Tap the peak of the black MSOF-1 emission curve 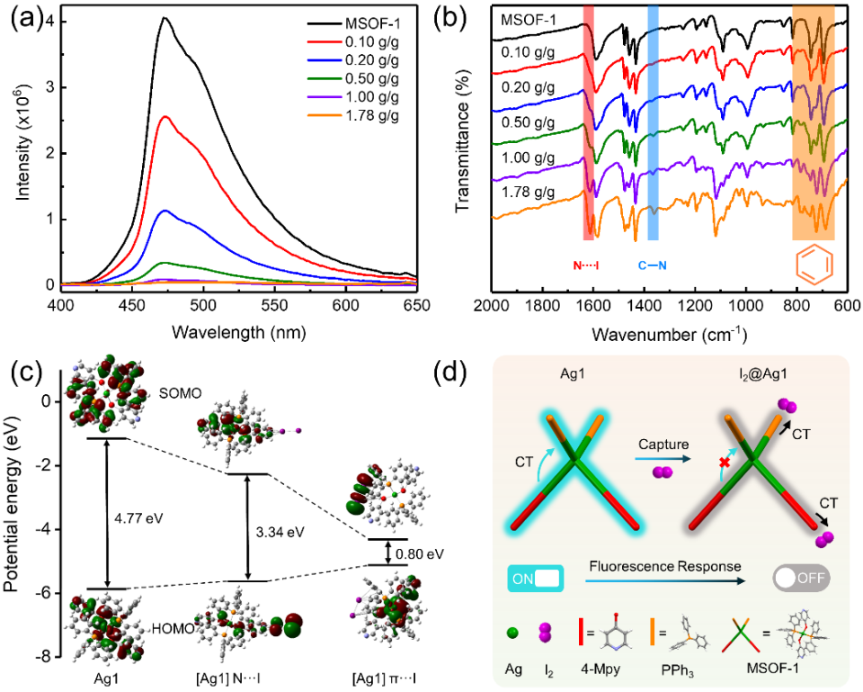click(x=164, y=18)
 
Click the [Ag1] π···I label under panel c click(x=387, y=676)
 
